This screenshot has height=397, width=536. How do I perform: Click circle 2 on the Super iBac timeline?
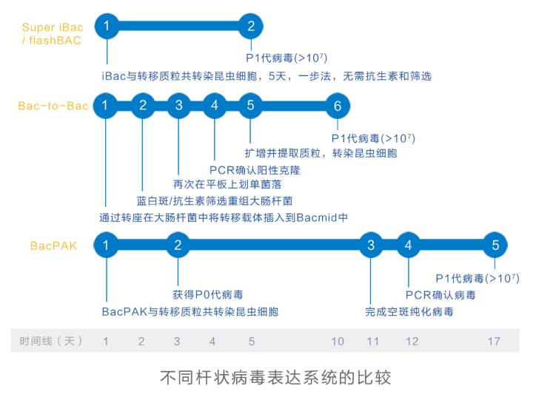coord(251,27)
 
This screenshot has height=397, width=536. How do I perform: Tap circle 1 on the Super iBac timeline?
coord(107,27)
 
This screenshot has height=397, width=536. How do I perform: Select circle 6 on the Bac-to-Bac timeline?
coord(338,106)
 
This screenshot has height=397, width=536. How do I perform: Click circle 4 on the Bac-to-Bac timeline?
coord(215,106)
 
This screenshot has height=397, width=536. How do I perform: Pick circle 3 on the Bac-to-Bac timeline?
coord(178,106)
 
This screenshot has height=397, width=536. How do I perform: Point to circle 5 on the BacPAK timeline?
coord(495,245)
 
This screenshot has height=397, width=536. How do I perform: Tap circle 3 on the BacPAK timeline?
coord(372,245)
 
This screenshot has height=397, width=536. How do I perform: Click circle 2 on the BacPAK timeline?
coord(178,245)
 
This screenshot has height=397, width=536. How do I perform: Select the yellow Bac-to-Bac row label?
coord(53,106)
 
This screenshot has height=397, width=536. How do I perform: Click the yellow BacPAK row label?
coord(54,245)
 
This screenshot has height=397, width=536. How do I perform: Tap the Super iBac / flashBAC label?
coord(52,33)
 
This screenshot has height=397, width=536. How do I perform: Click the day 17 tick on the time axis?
coord(494,342)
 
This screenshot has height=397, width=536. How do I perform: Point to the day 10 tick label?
coord(338,342)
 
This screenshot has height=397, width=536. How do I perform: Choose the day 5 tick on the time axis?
coord(252,342)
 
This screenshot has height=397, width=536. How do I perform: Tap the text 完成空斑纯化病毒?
coord(409,312)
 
